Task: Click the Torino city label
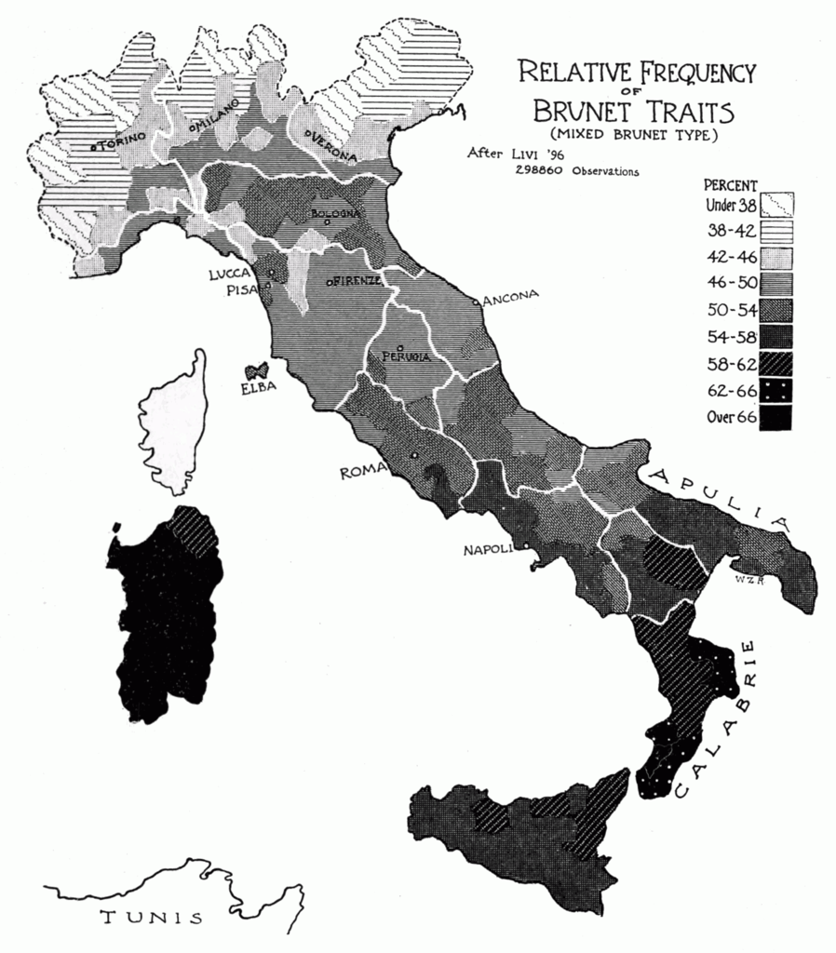(120, 141)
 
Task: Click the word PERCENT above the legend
(731, 184)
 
